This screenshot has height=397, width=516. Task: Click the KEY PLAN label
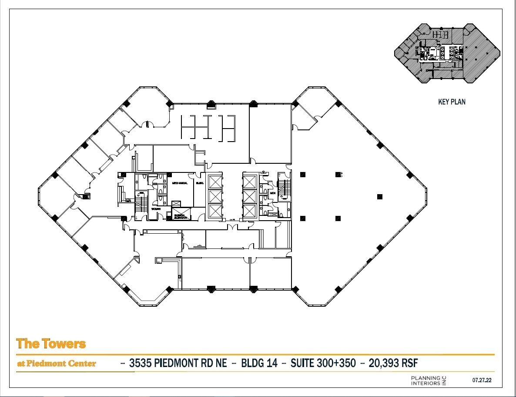click(x=452, y=102)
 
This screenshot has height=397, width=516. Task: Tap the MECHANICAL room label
click(x=180, y=183)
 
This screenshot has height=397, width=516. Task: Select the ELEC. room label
click(x=200, y=183)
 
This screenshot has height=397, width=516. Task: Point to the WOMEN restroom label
click(x=156, y=209)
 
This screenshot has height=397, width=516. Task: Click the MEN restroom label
click(x=273, y=193)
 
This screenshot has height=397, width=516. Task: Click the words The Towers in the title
click(x=51, y=344)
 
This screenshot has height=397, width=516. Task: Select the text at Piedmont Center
click(x=56, y=364)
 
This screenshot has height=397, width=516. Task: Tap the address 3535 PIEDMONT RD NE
click(x=178, y=363)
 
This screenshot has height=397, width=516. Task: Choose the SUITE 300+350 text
click(x=323, y=363)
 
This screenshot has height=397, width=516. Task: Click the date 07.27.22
click(x=482, y=380)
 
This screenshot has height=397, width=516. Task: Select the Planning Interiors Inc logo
click(x=429, y=380)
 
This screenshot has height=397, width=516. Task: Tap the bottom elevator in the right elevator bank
click(x=249, y=212)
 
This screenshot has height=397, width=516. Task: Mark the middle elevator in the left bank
click(x=215, y=196)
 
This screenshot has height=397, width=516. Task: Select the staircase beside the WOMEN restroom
click(x=141, y=203)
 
